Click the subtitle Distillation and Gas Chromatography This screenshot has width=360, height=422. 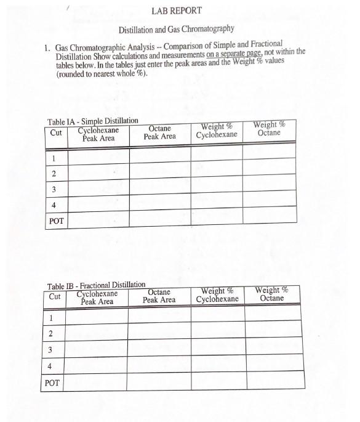[x=176, y=30]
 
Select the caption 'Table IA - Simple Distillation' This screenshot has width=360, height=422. [x=93, y=121]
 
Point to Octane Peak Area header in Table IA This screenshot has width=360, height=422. [x=159, y=132]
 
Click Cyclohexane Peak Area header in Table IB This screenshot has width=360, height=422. [x=97, y=298]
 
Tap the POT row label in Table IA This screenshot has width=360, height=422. [x=57, y=220]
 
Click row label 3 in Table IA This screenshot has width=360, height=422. [x=55, y=190]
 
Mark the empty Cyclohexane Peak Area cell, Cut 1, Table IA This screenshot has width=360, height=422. [x=98, y=158]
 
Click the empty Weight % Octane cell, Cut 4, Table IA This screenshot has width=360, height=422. [x=269, y=205]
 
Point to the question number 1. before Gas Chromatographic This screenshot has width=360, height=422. [x=47, y=47]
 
